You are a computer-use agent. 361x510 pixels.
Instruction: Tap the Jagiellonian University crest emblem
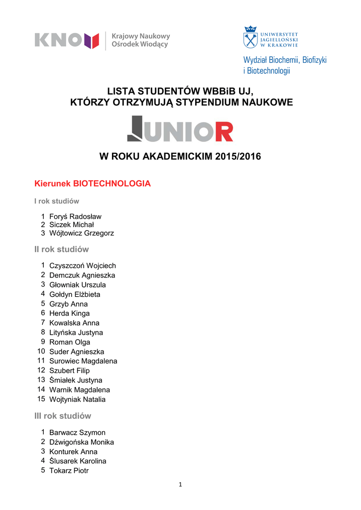[250, 37]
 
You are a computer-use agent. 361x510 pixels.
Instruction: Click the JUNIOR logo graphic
[180, 129]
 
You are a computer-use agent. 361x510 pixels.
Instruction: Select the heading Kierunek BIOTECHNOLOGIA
[92, 184]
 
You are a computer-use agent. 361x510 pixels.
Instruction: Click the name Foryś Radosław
[75, 217]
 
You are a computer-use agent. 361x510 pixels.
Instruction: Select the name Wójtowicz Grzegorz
[82, 233]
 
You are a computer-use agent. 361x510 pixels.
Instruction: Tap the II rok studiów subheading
[61, 249]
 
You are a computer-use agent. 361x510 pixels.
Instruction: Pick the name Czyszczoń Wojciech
[83, 266]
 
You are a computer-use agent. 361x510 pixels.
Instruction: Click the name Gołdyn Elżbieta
[75, 294]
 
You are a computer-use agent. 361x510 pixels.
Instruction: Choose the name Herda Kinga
[69, 313]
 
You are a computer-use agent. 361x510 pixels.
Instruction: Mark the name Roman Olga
[70, 342]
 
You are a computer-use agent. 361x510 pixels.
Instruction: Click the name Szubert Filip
[69, 371]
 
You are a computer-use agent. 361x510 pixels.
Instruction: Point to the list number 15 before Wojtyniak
[41, 399]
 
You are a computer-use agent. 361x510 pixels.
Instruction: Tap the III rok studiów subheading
[63, 416]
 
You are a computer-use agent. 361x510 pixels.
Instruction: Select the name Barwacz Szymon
[77, 433]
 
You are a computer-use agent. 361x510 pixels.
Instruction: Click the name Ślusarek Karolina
[78, 461]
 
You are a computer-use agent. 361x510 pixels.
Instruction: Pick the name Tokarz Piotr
[69, 471]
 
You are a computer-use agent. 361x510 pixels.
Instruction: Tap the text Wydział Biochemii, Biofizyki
[285, 60]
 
